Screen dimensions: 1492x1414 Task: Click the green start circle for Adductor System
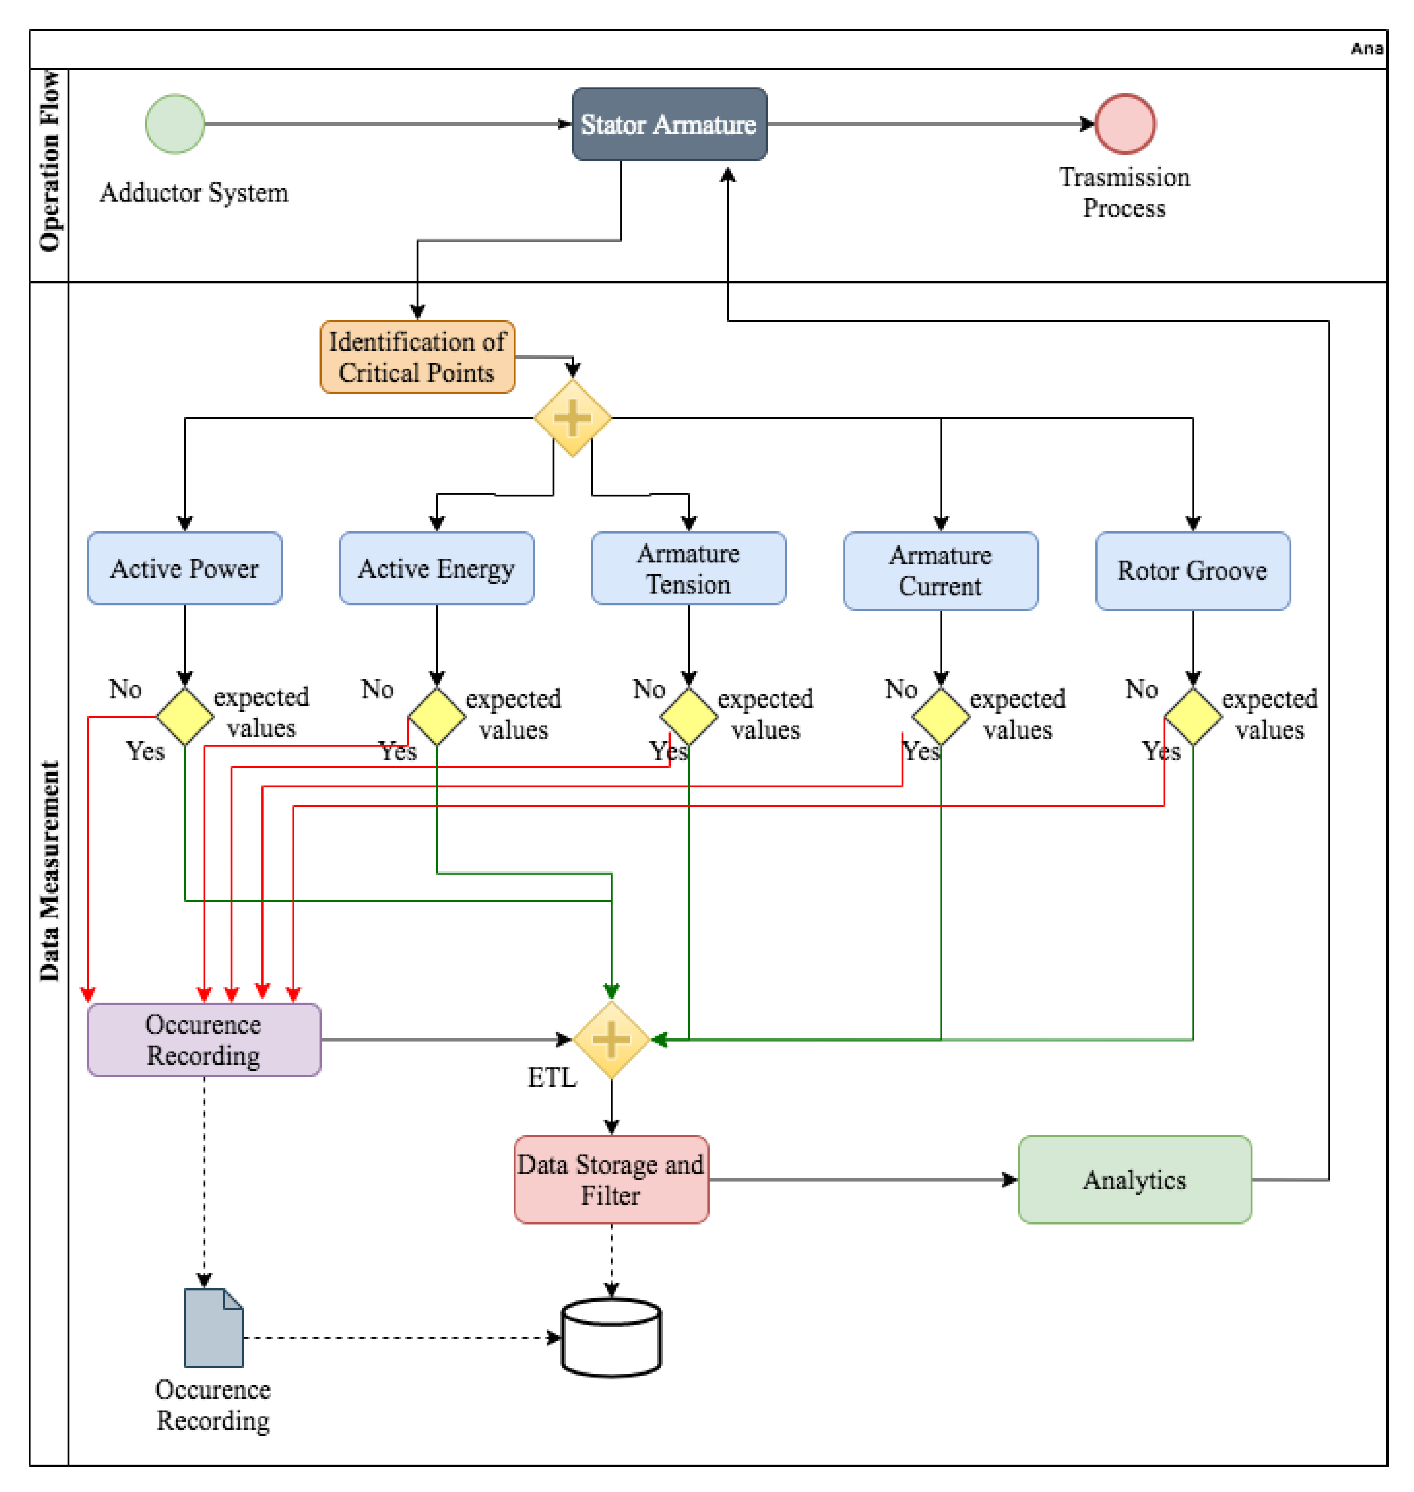175,124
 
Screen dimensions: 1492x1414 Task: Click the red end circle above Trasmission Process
1125,124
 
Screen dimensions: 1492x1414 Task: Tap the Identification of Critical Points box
417,357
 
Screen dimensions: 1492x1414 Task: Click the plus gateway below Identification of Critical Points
572,418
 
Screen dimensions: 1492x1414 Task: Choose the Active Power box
184,568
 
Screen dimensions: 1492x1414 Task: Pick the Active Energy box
436,568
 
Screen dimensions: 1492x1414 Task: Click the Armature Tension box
688,568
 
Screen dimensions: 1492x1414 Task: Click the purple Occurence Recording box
204,1040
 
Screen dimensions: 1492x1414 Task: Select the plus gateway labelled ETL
611,1040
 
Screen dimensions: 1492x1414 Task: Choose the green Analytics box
1134,1180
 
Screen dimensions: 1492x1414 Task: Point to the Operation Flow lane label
49,161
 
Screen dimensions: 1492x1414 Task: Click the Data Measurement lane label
49,871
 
